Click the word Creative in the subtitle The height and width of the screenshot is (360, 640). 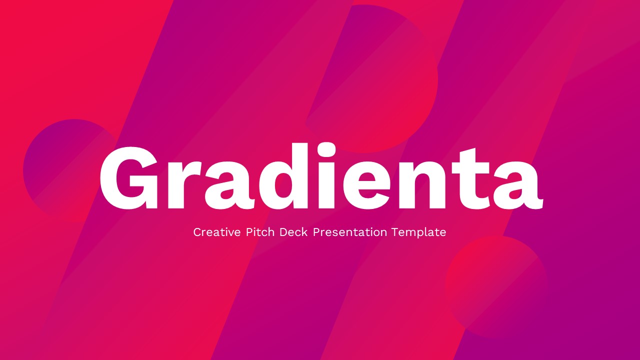217,232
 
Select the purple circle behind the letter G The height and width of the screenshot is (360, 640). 55,150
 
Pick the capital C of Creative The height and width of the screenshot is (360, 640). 197,232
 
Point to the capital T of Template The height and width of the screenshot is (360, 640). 395,232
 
